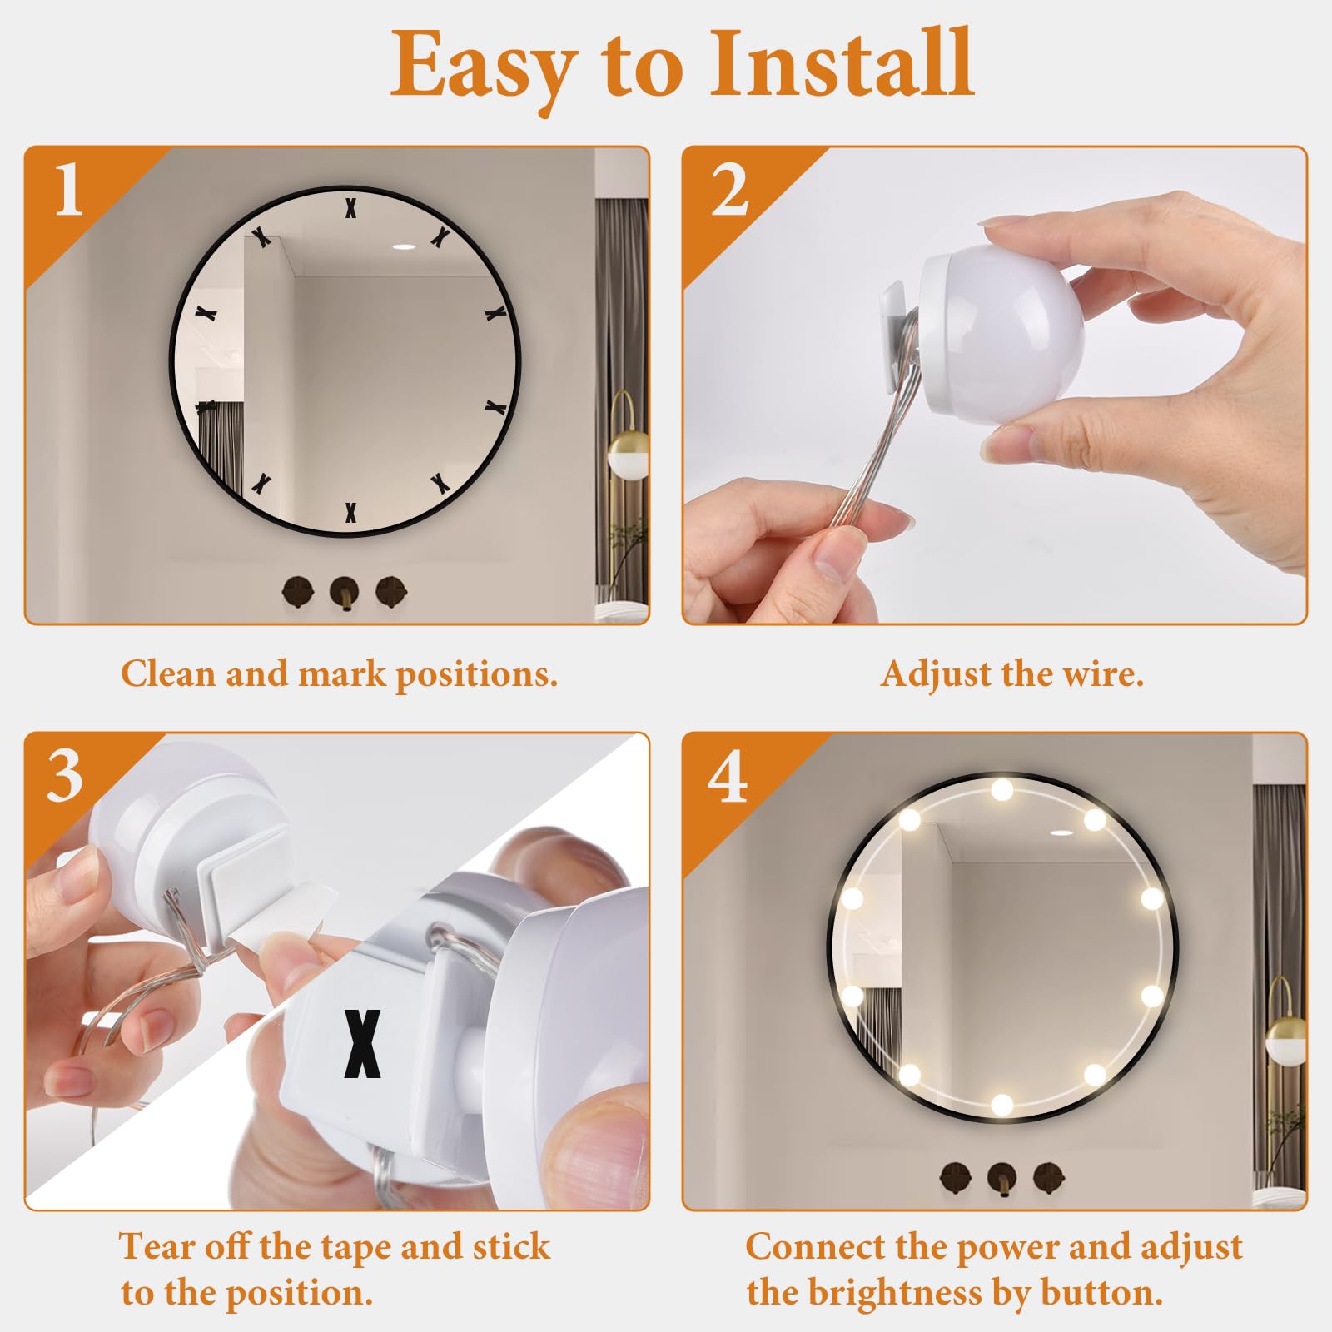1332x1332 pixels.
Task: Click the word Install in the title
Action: click(x=841, y=64)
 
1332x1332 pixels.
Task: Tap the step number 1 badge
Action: click(x=69, y=190)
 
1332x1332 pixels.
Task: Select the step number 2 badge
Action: click(x=729, y=191)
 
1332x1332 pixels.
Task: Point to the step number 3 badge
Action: click(x=65, y=776)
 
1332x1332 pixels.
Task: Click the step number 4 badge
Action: click(x=728, y=776)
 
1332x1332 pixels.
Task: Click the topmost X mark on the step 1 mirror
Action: click(x=350, y=207)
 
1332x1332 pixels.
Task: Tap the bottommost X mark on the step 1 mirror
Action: click(x=350, y=513)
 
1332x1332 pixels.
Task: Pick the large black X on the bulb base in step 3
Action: click(x=363, y=1044)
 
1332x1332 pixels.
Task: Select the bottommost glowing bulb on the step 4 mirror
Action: click(x=1002, y=1105)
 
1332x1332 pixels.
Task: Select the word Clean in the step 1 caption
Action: click(x=168, y=673)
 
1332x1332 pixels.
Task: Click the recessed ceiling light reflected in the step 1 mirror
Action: click(x=405, y=247)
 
